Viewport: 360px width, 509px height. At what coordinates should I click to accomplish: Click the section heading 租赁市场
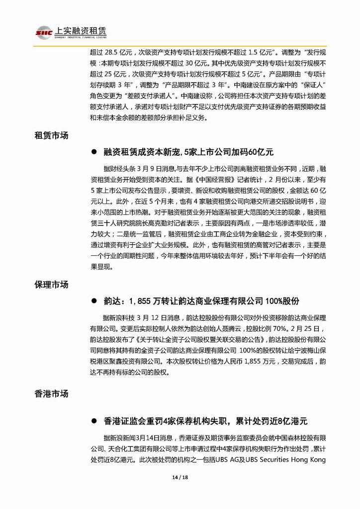tap(51, 135)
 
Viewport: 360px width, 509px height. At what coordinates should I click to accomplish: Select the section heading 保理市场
tap(51, 285)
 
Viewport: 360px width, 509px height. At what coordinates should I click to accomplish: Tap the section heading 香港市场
tap(51, 394)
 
